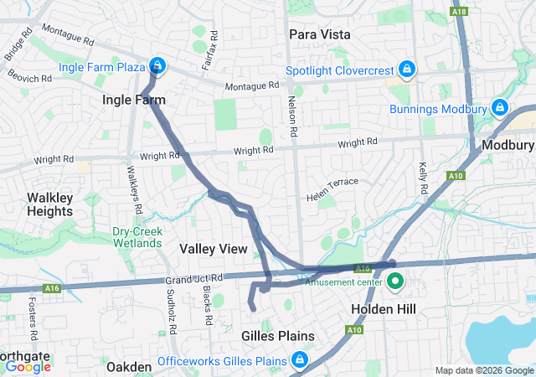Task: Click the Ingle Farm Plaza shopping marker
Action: (x=157, y=65)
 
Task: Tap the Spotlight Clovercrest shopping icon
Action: (x=406, y=68)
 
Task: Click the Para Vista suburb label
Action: (x=319, y=34)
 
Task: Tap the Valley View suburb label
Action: (x=214, y=249)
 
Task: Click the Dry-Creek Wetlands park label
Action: (x=137, y=237)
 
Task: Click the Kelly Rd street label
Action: (x=423, y=178)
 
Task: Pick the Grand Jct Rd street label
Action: (x=194, y=277)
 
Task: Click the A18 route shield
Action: (x=459, y=12)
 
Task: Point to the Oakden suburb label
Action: (x=129, y=367)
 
